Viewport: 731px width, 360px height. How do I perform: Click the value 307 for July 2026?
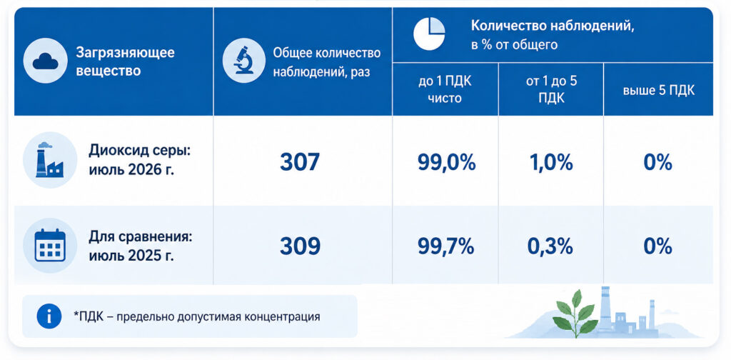(x=300, y=162)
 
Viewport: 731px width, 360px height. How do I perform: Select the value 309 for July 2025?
(x=300, y=246)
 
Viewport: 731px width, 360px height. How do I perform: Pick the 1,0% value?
(x=550, y=163)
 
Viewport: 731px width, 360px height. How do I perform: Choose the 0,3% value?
(x=550, y=246)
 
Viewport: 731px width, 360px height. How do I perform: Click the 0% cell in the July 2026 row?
(x=657, y=163)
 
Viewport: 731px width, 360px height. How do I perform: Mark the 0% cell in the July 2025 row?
(x=657, y=246)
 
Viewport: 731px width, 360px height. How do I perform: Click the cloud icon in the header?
(x=46, y=61)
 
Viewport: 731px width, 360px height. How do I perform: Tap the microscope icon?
(x=244, y=61)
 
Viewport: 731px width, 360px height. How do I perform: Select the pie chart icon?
(x=429, y=34)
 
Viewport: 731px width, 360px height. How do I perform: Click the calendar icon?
(x=50, y=245)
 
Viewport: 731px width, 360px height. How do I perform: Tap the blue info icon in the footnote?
(x=49, y=316)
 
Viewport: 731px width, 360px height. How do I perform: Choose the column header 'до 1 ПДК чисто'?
(x=445, y=90)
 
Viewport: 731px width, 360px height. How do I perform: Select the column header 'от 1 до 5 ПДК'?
(x=550, y=90)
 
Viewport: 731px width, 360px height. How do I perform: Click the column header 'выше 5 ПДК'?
(x=659, y=90)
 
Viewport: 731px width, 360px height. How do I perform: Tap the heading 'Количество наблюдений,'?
(x=553, y=26)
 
